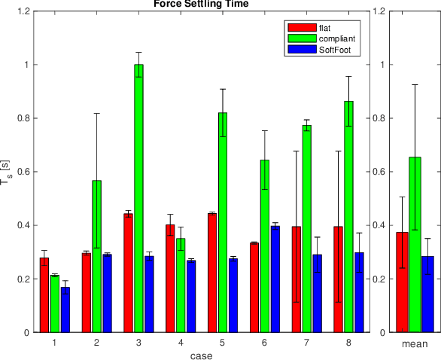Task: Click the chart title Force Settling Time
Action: pyautogui.click(x=201, y=4)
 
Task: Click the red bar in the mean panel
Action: pyautogui.click(x=402, y=282)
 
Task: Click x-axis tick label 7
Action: pyautogui.click(x=306, y=343)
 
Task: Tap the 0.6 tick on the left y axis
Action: pyautogui.click(x=19, y=172)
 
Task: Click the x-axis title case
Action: pyautogui.click(x=201, y=355)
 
